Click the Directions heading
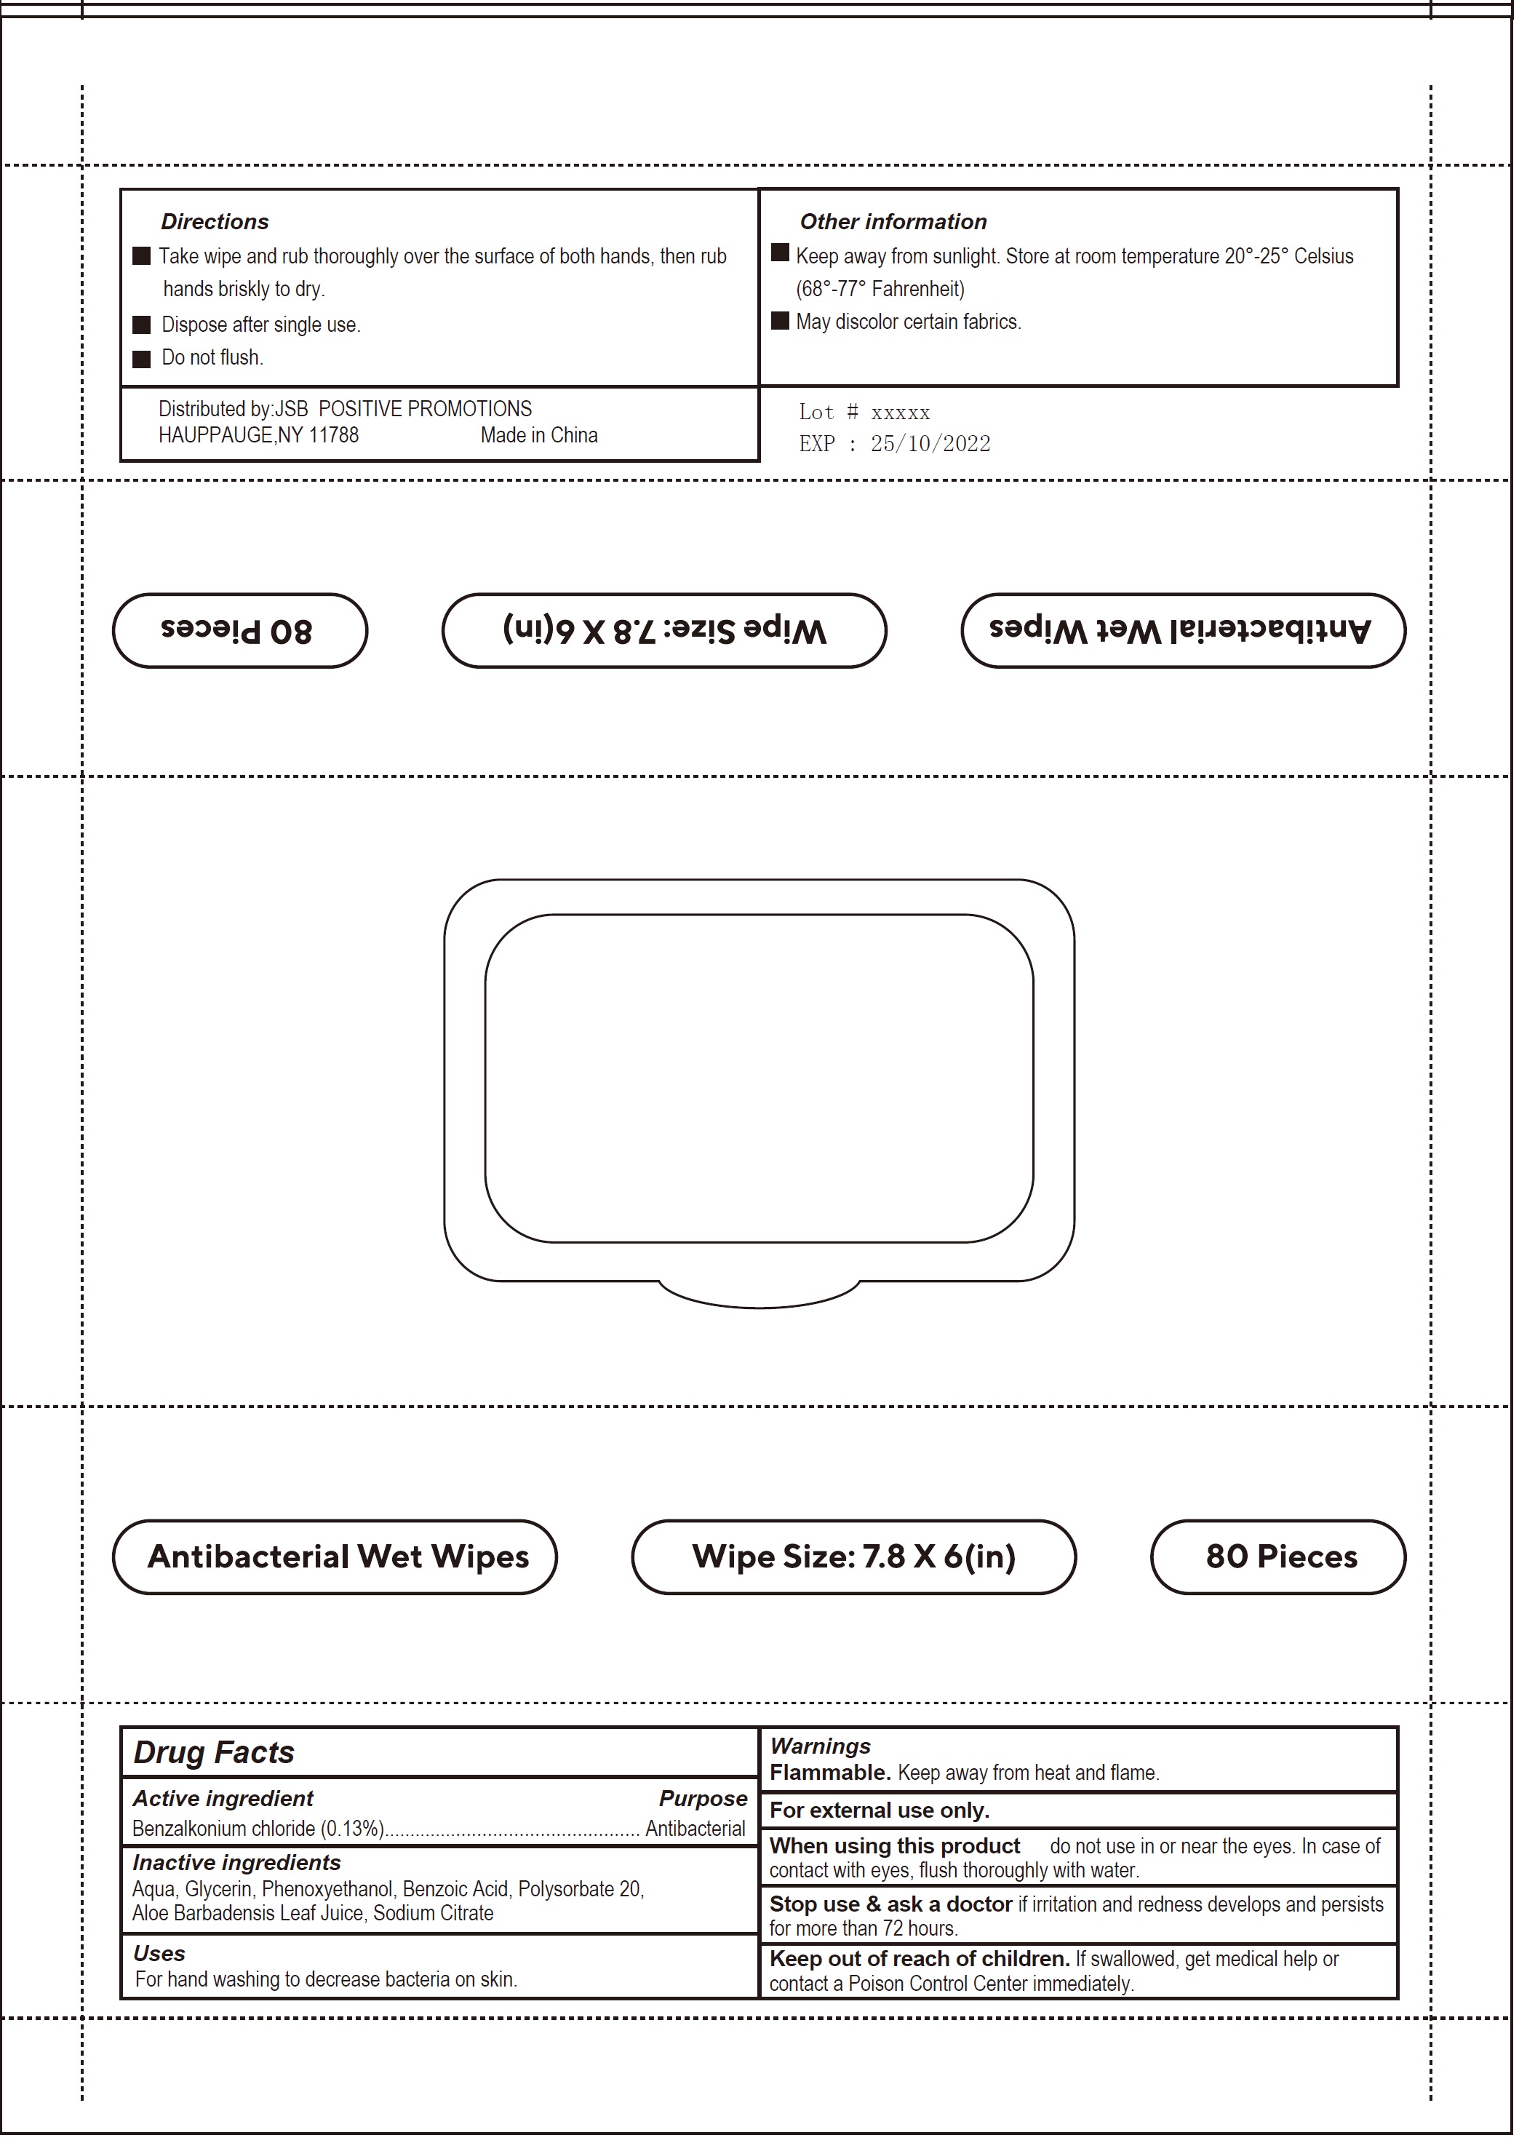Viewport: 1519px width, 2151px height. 215,222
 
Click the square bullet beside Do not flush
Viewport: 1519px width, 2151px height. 141,359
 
